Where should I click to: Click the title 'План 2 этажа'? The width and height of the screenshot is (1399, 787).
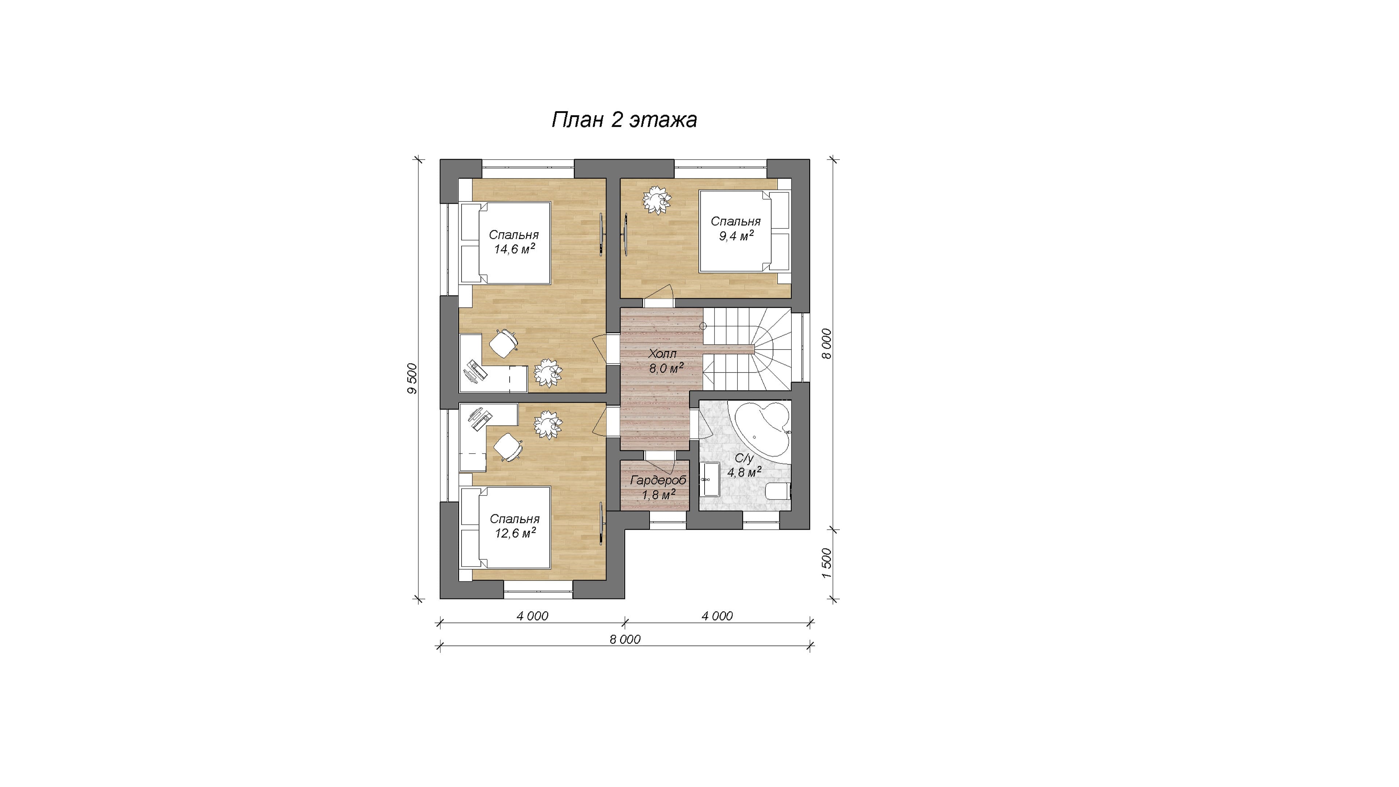(x=624, y=120)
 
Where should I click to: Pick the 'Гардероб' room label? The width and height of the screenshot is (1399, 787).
(x=658, y=481)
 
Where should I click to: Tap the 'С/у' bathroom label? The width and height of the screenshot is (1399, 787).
(x=744, y=458)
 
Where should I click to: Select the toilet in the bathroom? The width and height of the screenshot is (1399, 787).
(x=778, y=493)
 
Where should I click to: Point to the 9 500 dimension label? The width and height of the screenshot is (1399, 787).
(x=412, y=379)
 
